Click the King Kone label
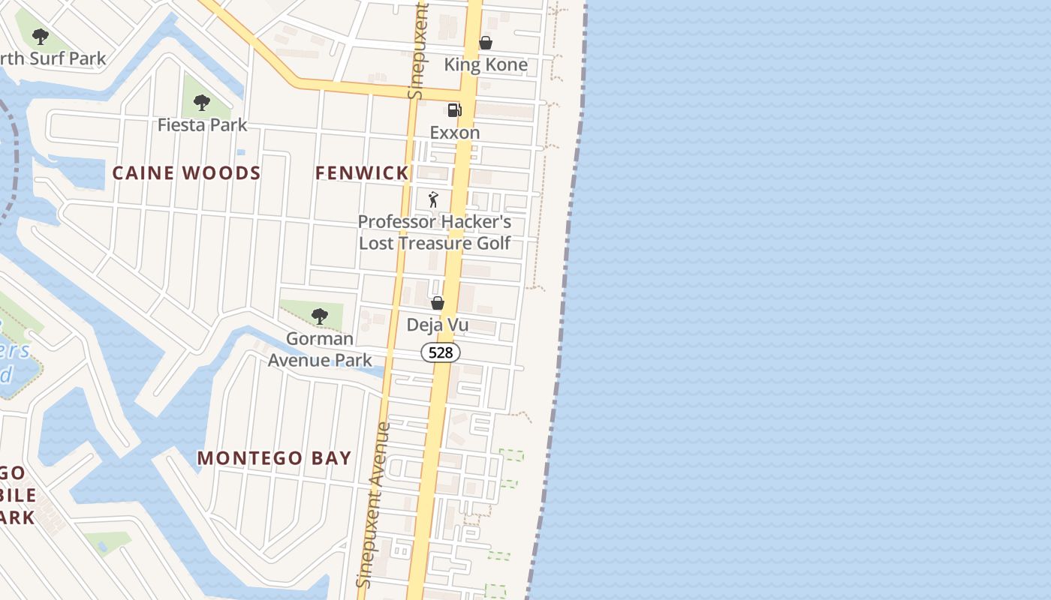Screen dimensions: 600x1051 pyautogui.click(x=486, y=64)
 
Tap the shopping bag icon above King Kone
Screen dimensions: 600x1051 pyautogui.click(x=486, y=43)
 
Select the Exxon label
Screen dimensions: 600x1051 pyautogui.click(x=454, y=133)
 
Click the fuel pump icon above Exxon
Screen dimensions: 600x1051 pyautogui.click(x=454, y=110)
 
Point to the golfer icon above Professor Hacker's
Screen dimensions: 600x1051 pyautogui.click(x=433, y=199)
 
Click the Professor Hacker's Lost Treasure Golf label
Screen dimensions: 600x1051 pyautogui.click(x=435, y=232)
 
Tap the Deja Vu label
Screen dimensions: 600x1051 pyautogui.click(x=438, y=325)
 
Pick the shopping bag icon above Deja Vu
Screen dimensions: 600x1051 pyautogui.click(x=438, y=303)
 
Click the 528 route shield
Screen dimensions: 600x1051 pyautogui.click(x=441, y=352)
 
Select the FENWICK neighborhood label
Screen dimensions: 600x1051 pyautogui.click(x=362, y=173)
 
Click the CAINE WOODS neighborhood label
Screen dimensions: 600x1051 pyautogui.click(x=186, y=173)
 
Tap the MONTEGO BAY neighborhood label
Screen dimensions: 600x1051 pyautogui.click(x=274, y=458)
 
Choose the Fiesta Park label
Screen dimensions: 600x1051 pyautogui.click(x=202, y=124)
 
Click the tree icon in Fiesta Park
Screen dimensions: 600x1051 pyautogui.click(x=201, y=103)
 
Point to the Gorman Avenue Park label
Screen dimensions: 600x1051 pyautogui.click(x=320, y=349)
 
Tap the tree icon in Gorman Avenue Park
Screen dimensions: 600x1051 pyautogui.click(x=320, y=316)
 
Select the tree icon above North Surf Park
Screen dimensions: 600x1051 pyautogui.click(x=41, y=36)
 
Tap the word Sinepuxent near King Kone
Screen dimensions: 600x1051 pyautogui.click(x=418, y=49)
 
